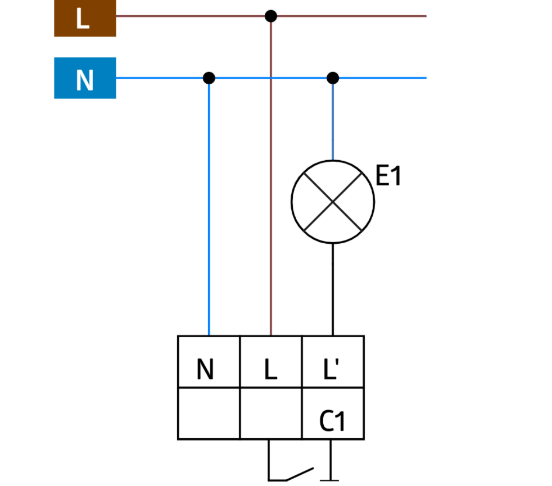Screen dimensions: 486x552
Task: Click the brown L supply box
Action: (85, 18)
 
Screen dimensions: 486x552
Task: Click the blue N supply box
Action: (85, 78)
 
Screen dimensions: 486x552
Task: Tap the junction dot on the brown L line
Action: (271, 16)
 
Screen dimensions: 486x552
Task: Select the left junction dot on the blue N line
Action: (209, 78)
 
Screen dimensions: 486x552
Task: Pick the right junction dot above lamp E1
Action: (333, 78)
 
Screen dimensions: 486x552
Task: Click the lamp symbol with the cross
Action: (333, 202)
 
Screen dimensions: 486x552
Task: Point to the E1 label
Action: (389, 177)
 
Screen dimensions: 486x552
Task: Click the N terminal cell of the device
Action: (209, 362)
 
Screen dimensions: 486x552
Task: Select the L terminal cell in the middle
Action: (271, 362)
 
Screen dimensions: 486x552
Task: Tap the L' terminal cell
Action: (333, 362)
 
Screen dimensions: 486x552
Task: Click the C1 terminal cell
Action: (333, 413)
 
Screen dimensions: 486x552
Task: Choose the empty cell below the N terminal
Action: (209, 413)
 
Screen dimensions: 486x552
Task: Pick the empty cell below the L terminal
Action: (271, 413)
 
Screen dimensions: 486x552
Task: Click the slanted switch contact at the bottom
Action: (299, 474)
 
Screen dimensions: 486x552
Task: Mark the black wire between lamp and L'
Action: (333, 289)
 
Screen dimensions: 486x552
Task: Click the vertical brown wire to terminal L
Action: (271, 197)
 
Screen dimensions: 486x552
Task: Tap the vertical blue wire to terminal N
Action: (209, 208)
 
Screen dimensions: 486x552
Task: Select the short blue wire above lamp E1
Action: (333, 121)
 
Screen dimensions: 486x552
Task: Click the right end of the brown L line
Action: (424, 16)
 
